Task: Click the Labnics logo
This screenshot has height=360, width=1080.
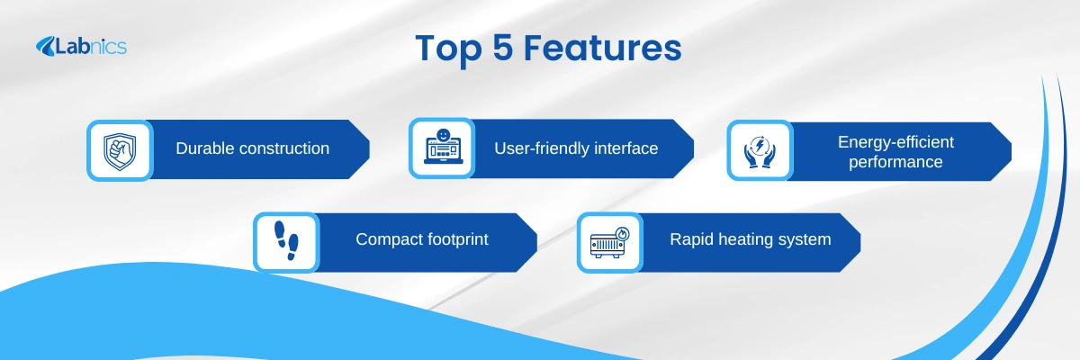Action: coord(81,46)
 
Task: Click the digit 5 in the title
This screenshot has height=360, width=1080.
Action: coord(503,48)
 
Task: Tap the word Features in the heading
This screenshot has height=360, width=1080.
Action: coord(603,48)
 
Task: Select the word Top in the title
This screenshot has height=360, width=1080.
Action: coord(448,49)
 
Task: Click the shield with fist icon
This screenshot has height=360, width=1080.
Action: coord(120,151)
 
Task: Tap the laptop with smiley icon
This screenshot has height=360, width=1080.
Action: coord(443,147)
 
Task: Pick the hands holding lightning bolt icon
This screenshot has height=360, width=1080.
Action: coord(760,152)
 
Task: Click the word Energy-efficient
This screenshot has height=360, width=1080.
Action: coord(895,142)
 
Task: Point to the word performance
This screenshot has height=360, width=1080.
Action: coord(895,162)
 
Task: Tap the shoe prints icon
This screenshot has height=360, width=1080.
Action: coord(286,241)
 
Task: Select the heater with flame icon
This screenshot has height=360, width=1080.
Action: coord(610,242)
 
